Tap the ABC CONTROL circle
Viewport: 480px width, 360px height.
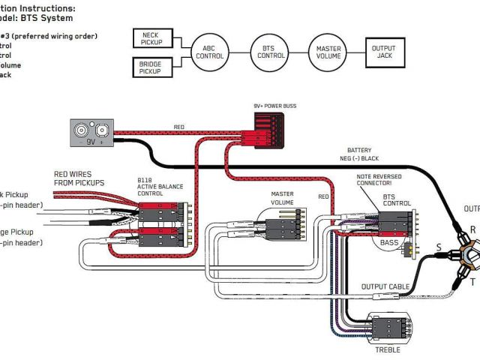click(x=208, y=52)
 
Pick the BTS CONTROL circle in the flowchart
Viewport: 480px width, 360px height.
click(x=268, y=52)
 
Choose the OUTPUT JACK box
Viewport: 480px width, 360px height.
click(x=384, y=52)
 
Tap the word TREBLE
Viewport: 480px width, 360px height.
click(x=388, y=349)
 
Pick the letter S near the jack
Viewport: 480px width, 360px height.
click(x=439, y=247)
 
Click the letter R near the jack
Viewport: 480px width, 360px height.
click(x=472, y=229)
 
